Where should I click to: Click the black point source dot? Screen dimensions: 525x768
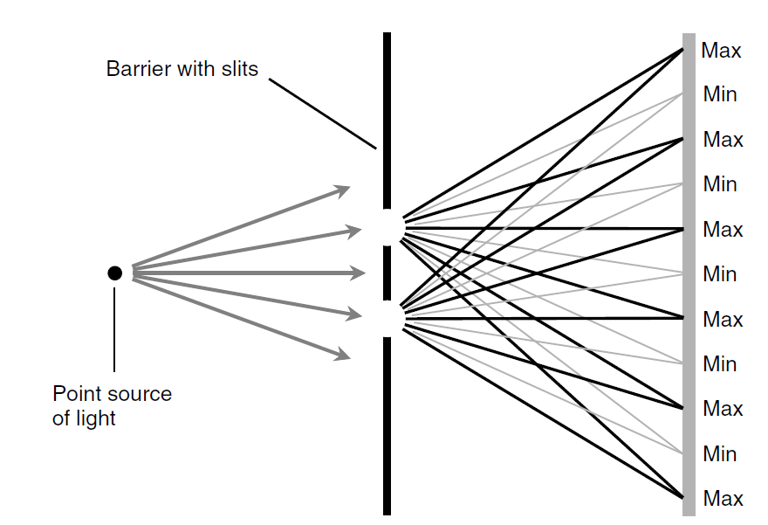tap(114, 273)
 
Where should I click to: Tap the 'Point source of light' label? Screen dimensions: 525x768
tap(112, 405)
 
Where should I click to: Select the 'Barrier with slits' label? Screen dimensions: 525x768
tap(182, 69)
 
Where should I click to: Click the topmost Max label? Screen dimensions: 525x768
tap(721, 51)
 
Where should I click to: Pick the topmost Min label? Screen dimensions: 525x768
tap(720, 94)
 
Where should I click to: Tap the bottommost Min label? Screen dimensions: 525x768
tap(720, 454)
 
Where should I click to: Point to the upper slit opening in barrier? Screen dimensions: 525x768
tap(387, 227)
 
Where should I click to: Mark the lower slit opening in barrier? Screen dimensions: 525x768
tap(387, 320)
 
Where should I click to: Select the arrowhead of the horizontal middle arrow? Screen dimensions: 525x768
tap(358, 273)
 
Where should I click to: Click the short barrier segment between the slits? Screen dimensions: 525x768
tap(387, 273)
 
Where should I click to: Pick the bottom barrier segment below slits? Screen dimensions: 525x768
tap(387, 428)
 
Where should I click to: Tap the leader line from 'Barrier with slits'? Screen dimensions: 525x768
tap(323, 114)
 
